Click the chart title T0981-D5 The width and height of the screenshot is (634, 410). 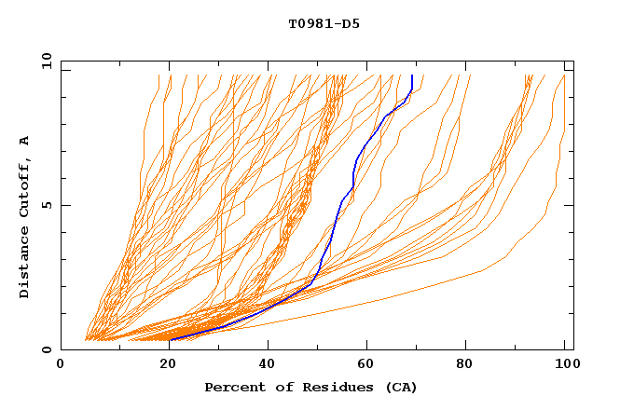tap(324, 24)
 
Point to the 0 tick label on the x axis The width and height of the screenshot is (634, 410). tap(61, 366)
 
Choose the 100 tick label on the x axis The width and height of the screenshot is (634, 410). tap(565, 366)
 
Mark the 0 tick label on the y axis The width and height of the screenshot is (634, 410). tap(46, 349)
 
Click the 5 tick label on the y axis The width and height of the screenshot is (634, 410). tap(46, 205)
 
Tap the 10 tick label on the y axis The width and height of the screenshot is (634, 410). tap(44, 61)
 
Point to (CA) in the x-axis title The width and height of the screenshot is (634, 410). tap(400, 388)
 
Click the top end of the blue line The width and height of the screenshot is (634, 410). tap(412, 75)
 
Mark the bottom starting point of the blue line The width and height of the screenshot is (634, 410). tap(171, 340)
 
